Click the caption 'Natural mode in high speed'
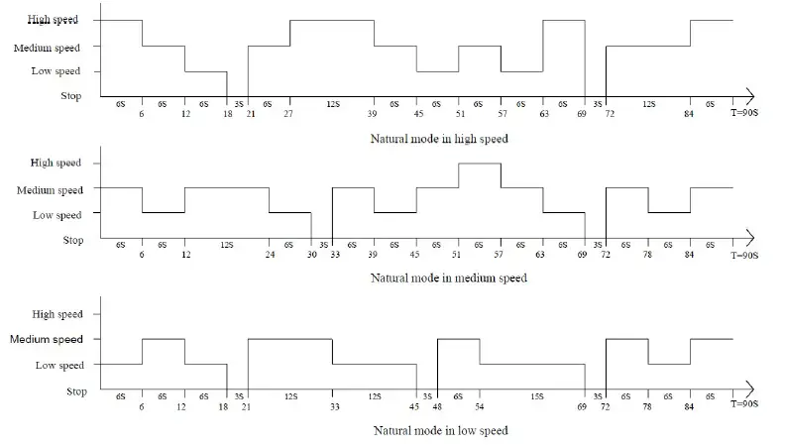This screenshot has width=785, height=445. point(438,139)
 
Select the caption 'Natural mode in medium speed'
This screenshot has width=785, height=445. point(448,278)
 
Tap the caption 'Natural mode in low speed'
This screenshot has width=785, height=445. point(440,431)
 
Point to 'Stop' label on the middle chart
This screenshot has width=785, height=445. point(73,240)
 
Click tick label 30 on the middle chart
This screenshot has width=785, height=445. point(311,256)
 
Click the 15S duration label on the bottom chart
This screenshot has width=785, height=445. point(536,396)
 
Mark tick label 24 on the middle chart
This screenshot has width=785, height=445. point(269,256)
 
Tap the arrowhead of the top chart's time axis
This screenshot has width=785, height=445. point(752,96)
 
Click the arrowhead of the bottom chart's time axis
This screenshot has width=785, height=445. point(752,389)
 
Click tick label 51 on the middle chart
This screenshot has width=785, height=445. point(458,256)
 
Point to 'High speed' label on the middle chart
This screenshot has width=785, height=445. point(56,163)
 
